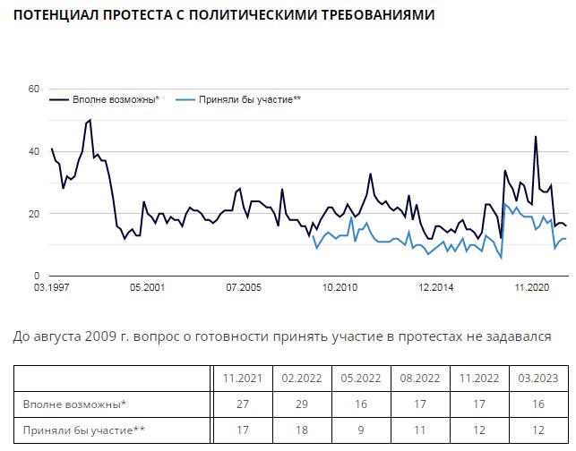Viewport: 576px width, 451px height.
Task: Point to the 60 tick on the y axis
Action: click(x=34, y=89)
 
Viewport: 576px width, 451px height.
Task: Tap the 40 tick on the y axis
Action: click(x=34, y=151)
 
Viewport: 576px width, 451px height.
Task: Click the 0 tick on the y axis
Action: click(x=37, y=276)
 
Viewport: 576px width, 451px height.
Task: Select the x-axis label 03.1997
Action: click(x=52, y=288)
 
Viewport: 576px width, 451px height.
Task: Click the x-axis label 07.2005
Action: click(x=243, y=288)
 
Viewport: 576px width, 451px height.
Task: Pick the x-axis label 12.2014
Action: click(x=437, y=288)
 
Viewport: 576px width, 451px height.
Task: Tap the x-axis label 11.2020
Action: click(x=532, y=288)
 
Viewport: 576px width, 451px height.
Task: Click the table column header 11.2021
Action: click(x=240, y=378)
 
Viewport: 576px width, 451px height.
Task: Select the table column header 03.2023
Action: click(x=535, y=378)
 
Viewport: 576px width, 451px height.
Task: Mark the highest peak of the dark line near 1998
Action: click(x=90, y=120)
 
